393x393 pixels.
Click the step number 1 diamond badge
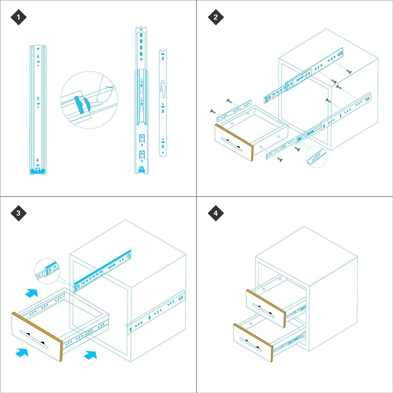(x=18, y=17)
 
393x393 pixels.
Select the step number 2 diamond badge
(x=216, y=17)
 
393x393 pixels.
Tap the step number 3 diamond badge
(x=18, y=213)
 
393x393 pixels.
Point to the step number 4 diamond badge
(x=216, y=213)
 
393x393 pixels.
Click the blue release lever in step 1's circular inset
(x=83, y=104)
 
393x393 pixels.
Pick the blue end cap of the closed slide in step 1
(x=38, y=172)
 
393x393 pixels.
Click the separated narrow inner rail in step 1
(x=163, y=103)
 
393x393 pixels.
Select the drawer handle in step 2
(x=232, y=144)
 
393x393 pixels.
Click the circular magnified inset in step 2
(x=316, y=157)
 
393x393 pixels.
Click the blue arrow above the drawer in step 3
(x=31, y=293)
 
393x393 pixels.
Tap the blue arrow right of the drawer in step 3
(x=90, y=355)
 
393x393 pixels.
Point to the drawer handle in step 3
(x=34, y=339)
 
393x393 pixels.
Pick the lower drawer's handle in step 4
(x=251, y=345)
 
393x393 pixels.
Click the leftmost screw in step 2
(x=213, y=111)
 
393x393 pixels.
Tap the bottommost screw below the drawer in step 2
(x=280, y=159)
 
